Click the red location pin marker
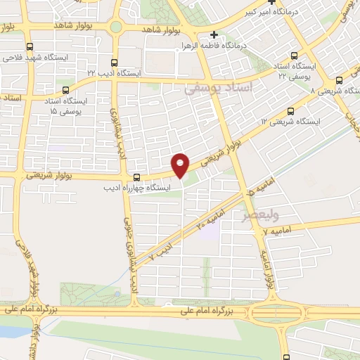(181, 164)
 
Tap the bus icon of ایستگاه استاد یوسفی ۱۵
(66, 90)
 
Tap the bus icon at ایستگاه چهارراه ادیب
(136, 177)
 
